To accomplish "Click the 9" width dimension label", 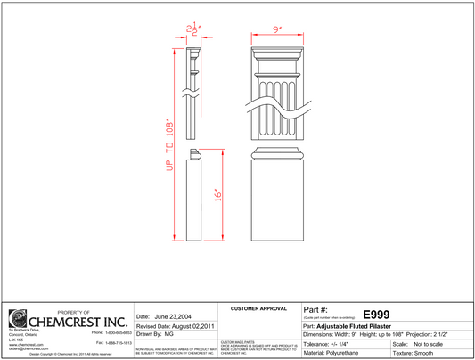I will coord(277,29).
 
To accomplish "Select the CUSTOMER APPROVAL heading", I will coord(258,308).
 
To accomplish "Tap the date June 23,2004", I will coord(164,316).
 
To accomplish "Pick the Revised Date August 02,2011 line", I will coord(176,325).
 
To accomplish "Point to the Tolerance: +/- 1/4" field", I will coord(333,343).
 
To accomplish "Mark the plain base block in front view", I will coord(277,201).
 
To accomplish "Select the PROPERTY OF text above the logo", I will coord(68,311).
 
